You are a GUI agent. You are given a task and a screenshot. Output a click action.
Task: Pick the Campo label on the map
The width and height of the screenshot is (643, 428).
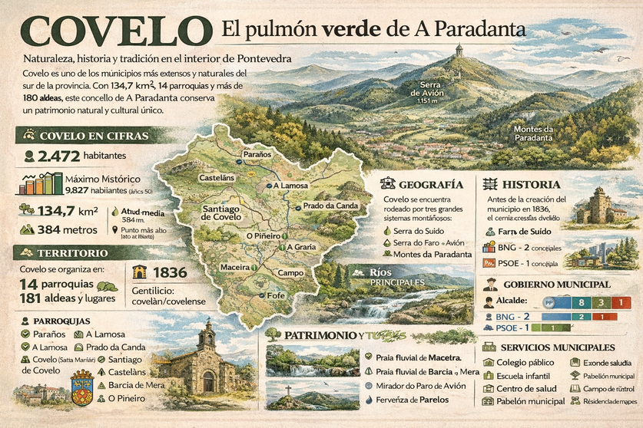[290, 273]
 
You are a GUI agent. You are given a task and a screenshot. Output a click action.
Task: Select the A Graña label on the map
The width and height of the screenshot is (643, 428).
[300, 247]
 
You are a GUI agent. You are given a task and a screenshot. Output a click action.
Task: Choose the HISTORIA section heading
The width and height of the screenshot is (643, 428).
[532, 185]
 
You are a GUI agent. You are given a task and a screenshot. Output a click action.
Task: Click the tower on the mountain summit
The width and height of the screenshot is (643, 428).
[459, 50]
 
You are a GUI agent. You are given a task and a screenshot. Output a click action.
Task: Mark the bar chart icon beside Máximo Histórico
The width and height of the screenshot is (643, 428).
[41, 184]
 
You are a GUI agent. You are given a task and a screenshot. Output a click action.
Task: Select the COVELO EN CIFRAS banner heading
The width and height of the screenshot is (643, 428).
[91, 137]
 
